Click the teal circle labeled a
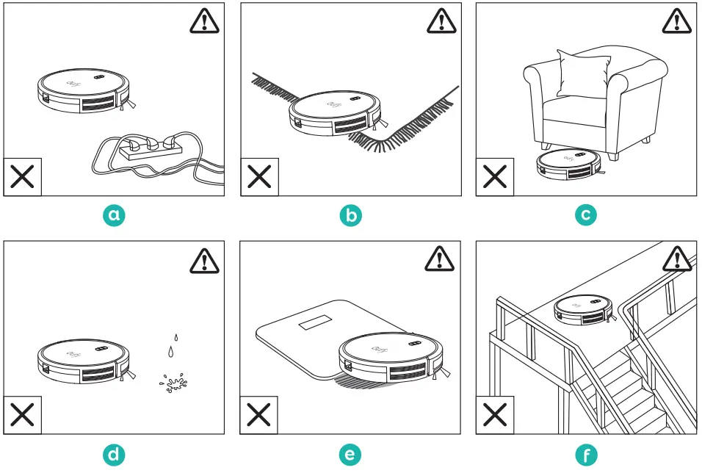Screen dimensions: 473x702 click(114, 214)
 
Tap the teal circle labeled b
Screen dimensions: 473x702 click(350, 214)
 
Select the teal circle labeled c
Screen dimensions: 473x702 click(586, 214)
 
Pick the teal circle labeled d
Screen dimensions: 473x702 click(114, 455)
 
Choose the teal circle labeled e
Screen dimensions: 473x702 click(350, 455)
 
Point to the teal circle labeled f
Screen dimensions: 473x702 click(586, 455)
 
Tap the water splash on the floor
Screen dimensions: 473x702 click(173, 383)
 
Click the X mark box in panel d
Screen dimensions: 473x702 click(22, 416)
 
